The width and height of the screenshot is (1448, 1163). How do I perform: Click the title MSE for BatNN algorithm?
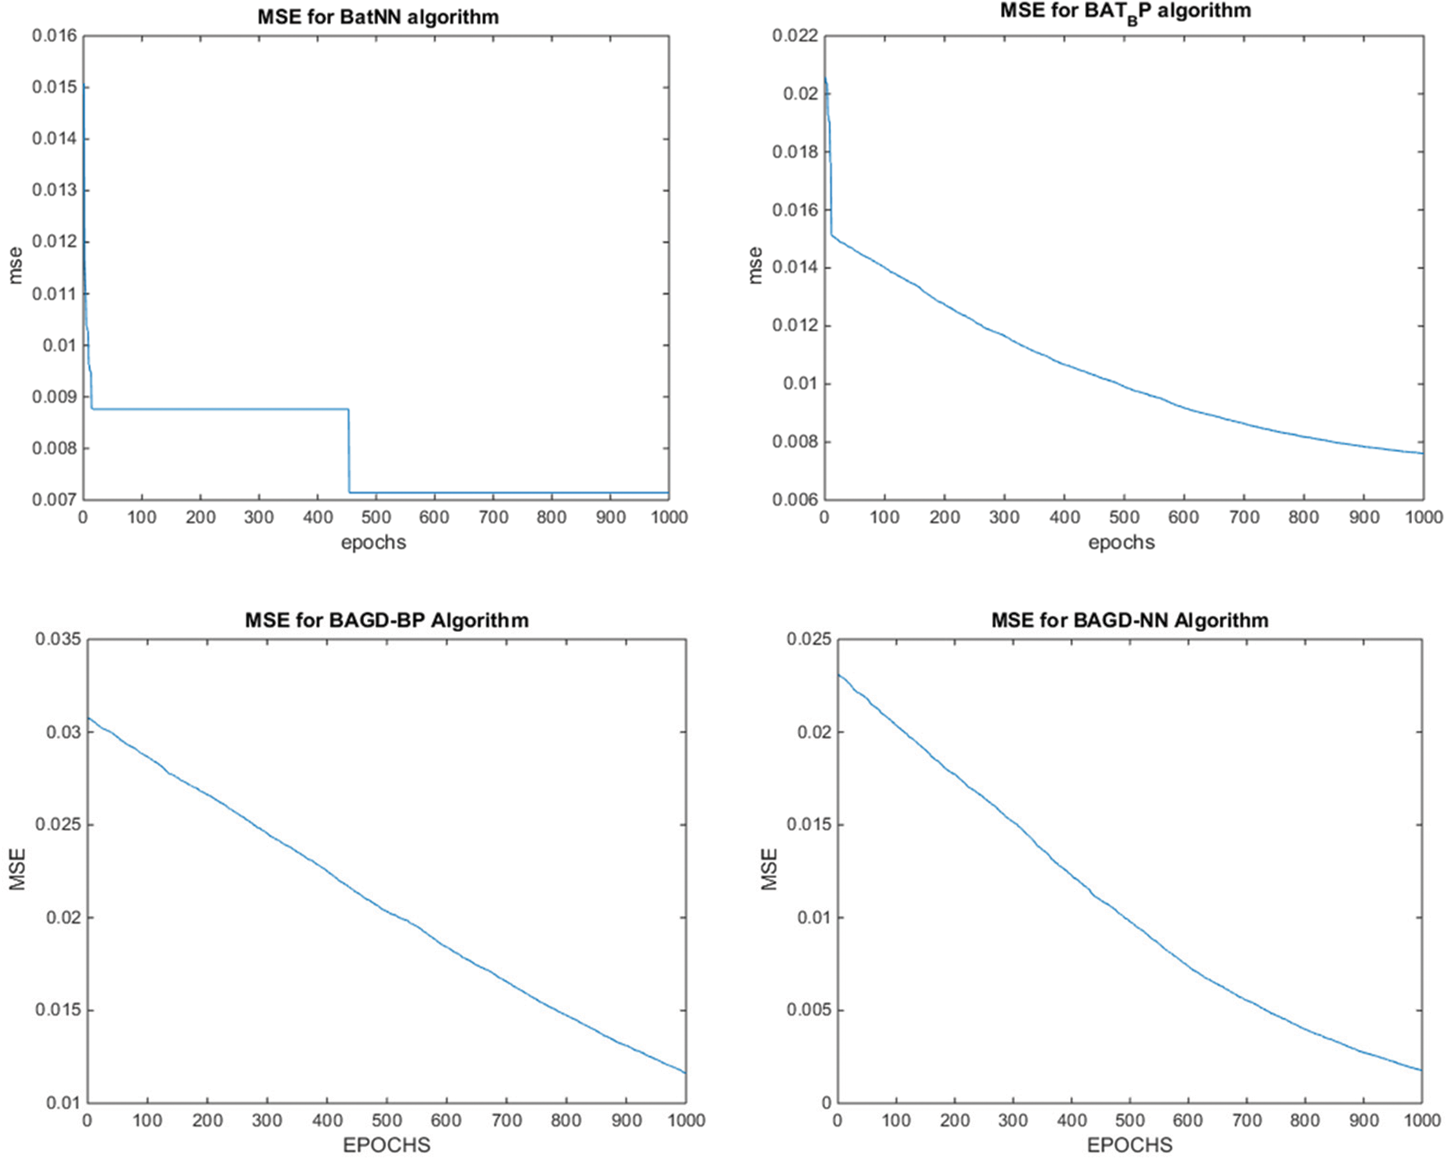(x=378, y=16)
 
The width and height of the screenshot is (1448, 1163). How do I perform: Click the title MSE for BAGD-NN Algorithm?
(x=1130, y=620)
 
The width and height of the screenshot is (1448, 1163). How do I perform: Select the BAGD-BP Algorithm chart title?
(x=386, y=620)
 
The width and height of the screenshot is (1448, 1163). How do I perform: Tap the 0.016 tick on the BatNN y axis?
(x=54, y=36)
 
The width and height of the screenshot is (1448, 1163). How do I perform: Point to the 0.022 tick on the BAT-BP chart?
(x=795, y=36)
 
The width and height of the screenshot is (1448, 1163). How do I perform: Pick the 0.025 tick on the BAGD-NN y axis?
(x=808, y=639)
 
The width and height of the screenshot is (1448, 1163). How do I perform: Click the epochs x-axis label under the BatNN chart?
(x=373, y=542)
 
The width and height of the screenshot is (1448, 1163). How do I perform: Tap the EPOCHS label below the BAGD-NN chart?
(x=1129, y=1145)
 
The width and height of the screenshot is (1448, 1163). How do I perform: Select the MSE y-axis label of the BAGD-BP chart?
(x=17, y=870)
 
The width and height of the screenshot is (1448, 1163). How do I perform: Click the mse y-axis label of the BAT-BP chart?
(x=755, y=265)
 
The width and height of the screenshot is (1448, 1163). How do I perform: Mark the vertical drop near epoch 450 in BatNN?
(x=349, y=450)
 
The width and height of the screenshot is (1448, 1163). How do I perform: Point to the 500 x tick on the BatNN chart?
(x=375, y=517)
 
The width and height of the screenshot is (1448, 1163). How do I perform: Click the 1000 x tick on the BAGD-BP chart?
(x=686, y=1120)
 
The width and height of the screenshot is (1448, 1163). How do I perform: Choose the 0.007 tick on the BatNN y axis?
(x=54, y=499)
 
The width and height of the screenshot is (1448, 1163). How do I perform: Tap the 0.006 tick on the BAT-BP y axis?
(x=795, y=499)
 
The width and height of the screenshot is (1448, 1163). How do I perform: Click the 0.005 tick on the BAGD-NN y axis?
(x=808, y=1010)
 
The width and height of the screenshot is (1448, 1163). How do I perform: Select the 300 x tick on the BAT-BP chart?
(x=1004, y=517)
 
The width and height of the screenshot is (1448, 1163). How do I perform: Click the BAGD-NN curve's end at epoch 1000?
(x=1421, y=1070)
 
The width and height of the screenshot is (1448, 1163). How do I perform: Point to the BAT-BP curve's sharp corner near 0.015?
(x=831, y=235)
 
